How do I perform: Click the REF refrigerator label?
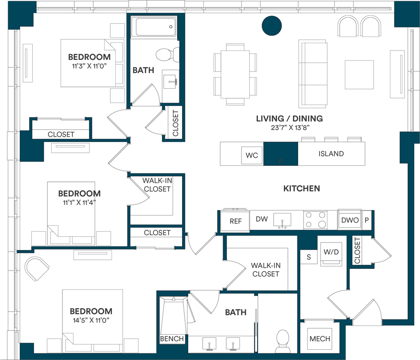(x=235, y=221)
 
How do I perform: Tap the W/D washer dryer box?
(x=331, y=252)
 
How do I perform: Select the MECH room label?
(x=320, y=339)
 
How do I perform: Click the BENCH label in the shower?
(x=172, y=339)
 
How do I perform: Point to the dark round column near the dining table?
(x=272, y=26)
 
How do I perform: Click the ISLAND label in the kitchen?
(x=331, y=154)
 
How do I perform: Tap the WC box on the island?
(x=252, y=155)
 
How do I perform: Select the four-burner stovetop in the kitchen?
(x=315, y=220)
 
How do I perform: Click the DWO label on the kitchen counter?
(x=350, y=220)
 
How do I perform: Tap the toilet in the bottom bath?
(x=282, y=341)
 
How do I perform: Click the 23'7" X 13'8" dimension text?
(x=290, y=127)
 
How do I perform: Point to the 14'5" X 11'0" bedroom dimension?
(x=91, y=320)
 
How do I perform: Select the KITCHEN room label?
(x=301, y=188)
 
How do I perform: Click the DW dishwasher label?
(x=262, y=219)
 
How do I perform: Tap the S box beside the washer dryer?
(x=308, y=257)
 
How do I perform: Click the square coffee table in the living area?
(x=359, y=75)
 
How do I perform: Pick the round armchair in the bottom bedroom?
(x=37, y=268)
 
